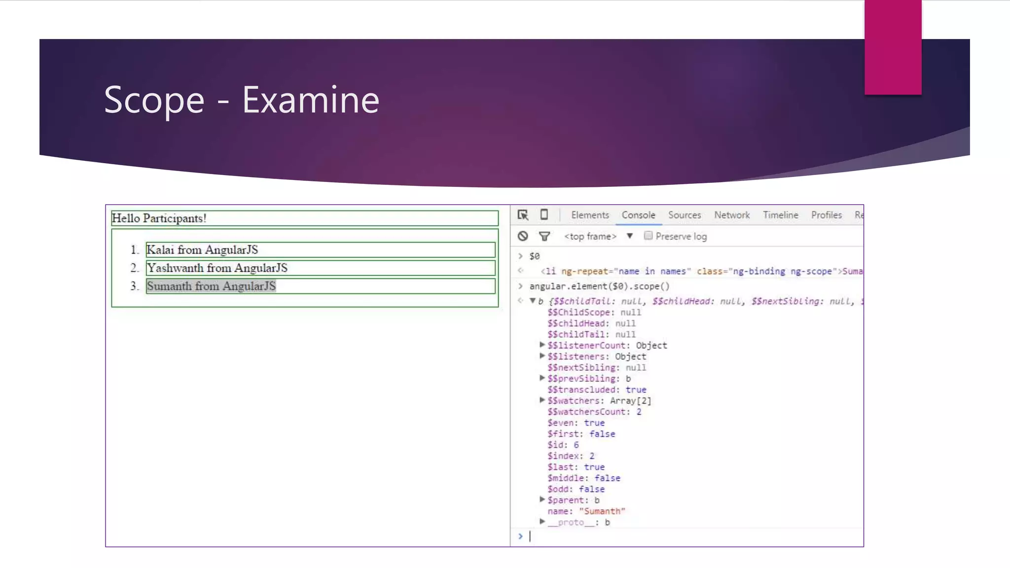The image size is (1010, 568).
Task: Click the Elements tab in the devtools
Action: [590, 215]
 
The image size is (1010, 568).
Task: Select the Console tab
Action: [638, 215]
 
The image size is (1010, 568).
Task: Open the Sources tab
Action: [685, 215]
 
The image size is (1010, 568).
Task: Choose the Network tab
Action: [732, 215]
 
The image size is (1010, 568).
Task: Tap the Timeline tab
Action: [780, 215]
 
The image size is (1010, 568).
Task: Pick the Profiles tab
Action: [827, 215]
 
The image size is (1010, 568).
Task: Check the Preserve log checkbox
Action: [648, 236]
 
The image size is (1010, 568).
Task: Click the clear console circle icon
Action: [523, 236]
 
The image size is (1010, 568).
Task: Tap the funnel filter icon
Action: [544, 237]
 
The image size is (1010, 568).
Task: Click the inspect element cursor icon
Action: [523, 215]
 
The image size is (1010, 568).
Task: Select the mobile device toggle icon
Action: [544, 214]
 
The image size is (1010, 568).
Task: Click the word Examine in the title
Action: [311, 100]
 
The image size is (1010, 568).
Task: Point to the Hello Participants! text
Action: [159, 218]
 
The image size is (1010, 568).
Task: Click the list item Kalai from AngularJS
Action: [202, 250]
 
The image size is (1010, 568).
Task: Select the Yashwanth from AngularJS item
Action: [217, 268]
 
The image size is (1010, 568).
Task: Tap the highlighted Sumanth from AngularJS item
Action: [211, 286]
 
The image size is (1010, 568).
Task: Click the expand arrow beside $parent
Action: [542, 499]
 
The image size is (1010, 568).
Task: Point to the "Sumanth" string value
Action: [602, 511]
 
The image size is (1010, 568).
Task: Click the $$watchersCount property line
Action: [594, 412]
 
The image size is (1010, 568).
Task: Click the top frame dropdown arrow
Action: [630, 236]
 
